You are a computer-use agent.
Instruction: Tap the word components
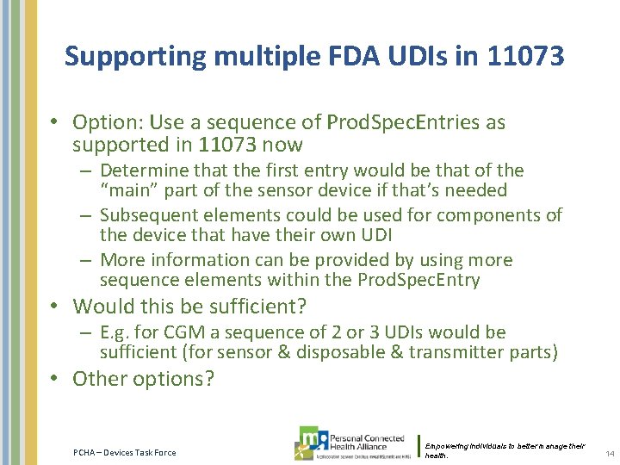[496, 215]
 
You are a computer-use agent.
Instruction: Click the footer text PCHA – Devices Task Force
[125, 452]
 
